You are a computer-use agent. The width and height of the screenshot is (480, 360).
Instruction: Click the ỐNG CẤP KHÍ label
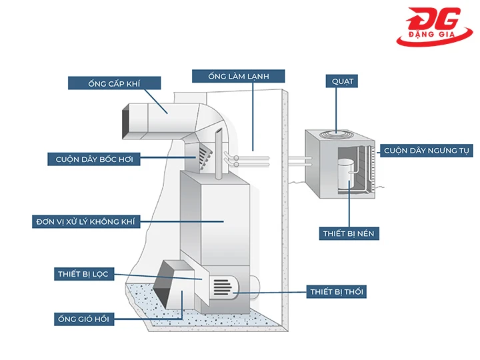pyautogui.click(x=115, y=83)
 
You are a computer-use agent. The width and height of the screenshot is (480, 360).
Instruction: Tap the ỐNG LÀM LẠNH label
pyautogui.click(x=239, y=76)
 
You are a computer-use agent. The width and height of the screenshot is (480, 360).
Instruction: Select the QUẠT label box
pyautogui.click(x=343, y=81)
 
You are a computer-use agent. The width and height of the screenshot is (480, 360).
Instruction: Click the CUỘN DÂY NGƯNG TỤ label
pyautogui.click(x=427, y=151)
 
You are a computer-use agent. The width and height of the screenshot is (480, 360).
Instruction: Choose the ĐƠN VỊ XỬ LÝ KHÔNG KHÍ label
pyautogui.click(x=87, y=221)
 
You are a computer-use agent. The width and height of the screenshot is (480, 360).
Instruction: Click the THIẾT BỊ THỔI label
pyautogui.click(x=337, y=291)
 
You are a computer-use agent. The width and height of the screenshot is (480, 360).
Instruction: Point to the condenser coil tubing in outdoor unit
pyautogui.click(x=366, y=167)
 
